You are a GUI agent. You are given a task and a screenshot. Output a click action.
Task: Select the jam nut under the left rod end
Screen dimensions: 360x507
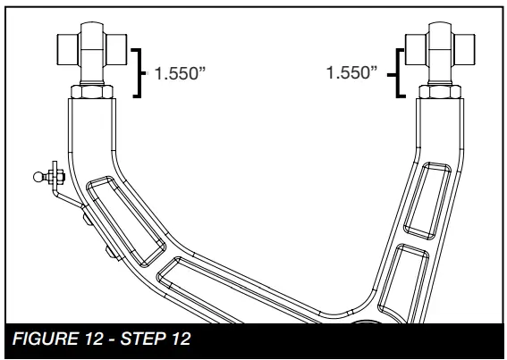coord(89,90)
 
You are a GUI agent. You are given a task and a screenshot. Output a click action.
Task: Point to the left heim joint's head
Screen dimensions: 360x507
coord(89,46)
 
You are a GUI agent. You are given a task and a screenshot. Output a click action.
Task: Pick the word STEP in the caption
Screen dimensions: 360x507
coord(125,340)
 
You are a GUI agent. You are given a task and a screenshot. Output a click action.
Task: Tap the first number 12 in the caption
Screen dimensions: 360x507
coord(87,340)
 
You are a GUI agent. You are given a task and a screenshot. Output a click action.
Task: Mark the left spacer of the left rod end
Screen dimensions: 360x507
coord(68,46)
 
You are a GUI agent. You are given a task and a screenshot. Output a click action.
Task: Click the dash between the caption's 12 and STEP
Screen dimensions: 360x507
coord(101,340)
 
